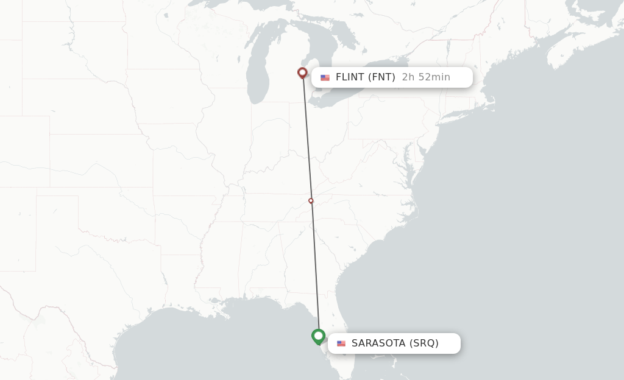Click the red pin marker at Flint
(x=302, y=73)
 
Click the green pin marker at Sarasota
(x=318, y=336)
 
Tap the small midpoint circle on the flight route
(x=311, y=200)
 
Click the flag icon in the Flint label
(x=325, y=77)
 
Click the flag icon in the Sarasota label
(x=341, y=343)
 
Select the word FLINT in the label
(x=350, y=77)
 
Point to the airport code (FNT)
(x=381, y=77)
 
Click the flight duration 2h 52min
(x=426, y=77)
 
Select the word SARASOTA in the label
(x=378, y=343)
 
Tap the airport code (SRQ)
(x=424, y=343)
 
